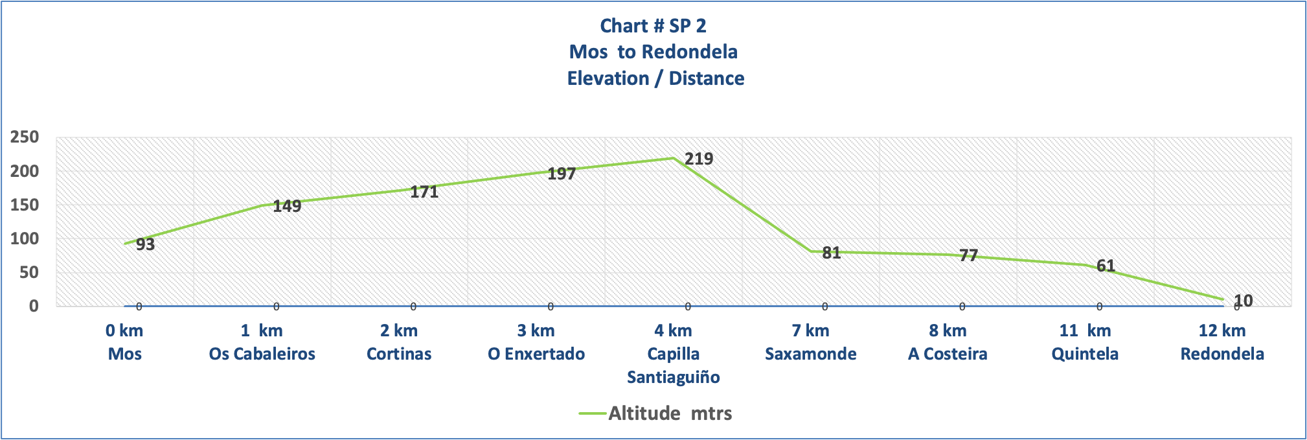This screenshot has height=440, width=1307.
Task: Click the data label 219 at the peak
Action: click(699, 159)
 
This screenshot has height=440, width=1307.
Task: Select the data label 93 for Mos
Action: click(145, 244)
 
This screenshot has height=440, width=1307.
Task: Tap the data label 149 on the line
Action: click(287, 206)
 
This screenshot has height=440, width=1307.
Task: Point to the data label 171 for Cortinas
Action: click(424, 192)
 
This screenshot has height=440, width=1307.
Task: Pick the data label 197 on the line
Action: click(562, 174)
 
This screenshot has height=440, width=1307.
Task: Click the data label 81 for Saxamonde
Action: click(831, 253)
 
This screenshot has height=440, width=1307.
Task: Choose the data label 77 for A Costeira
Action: click(968, 255)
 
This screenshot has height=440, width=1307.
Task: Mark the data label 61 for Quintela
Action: click(1106, 266)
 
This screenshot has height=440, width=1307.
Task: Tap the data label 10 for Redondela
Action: click(1243, 301)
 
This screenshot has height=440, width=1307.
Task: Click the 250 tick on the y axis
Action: click(25, 137)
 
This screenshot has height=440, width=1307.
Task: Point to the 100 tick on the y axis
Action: click(25, 238)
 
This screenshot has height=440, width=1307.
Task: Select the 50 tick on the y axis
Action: click(29, 272)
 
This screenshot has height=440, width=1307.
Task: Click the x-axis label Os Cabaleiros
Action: click(262, 354)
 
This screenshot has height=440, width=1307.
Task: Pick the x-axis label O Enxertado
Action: click(536, 354)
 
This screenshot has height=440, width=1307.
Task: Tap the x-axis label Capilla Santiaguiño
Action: click(674, 365)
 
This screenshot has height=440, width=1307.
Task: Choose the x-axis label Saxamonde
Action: click(811, 354)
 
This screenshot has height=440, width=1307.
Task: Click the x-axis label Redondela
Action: click(1222, 354)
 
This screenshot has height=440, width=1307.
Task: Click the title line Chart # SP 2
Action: click(653, 26)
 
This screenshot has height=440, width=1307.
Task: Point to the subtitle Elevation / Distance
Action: click(655, 78)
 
